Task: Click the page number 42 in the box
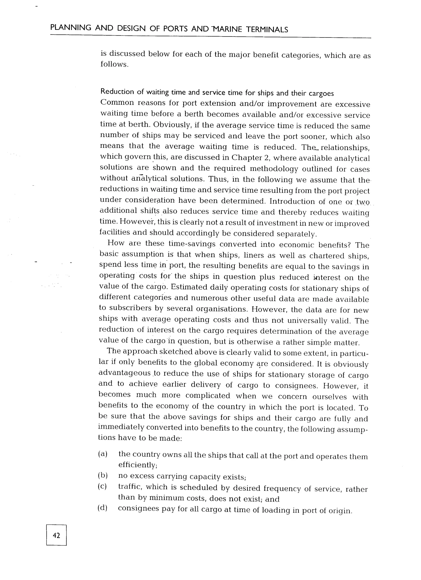coord(56,535)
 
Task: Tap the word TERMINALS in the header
coord(267,30)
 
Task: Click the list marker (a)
coord(103,454)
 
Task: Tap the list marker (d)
coord(103,508)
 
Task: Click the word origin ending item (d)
coord(340,511)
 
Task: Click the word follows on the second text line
coord(114,64)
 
